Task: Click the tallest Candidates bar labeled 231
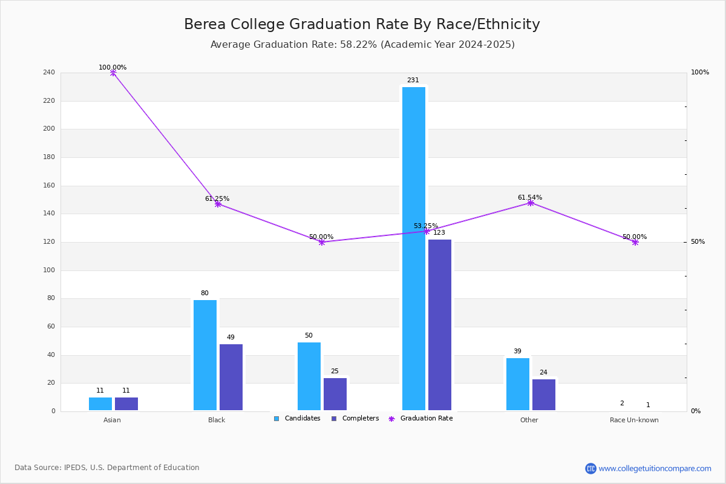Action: pyautogui.click(x=414, y=249)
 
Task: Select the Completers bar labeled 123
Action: pyautogui.click(x=439, y=325)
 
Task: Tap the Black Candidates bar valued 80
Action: pyautogui.click(x=205, y=355)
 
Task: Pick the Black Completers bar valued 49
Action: pyautogui.click(x=231, y=377)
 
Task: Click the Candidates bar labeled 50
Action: pyautogui.click(x=309, y=376)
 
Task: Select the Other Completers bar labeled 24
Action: pyautogui.click(x=543, y=394)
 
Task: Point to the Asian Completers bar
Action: pyautogui.click(x=126, y=404)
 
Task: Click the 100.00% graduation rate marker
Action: pyautogui.click(x=113, y=73)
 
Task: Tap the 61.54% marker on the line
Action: pyautogui.click(x=530, y=203)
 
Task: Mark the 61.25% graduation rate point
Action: pyautogui.click(x=218, y=204)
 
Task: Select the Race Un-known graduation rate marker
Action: pyautogui.click(x=635, y=242)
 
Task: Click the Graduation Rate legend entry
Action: pyautogui.click(x=420, y=418)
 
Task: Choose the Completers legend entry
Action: pyautogui.click(x=355, y=418)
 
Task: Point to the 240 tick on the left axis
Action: pyautogui.click(x=49, y=72)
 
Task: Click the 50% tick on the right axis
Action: pyautogui.click(x=698, y=241)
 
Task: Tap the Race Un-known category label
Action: pyautogui.click(x=634, y=420)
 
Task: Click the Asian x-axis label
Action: pyautogui.click(x=112, y=420)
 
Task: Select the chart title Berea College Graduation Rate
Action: pyautogui.click(x=362, y=24)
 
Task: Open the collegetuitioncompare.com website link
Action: pyautogui.click(x=655, y=468)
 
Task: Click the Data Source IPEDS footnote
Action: pyautogui.click(x=107, y=468)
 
